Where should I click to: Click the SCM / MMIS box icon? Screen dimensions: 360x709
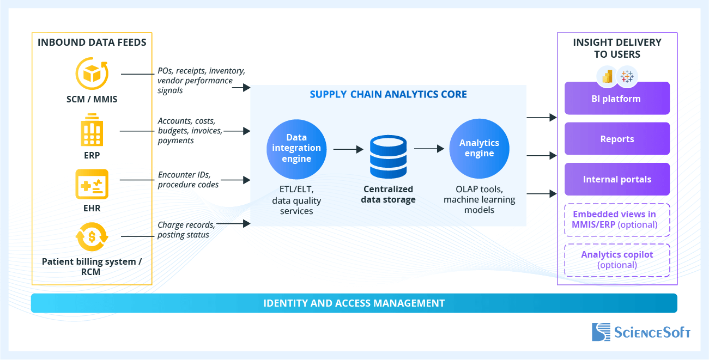92,74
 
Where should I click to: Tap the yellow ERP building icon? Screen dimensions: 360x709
92,130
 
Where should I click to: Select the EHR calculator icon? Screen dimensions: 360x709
92,184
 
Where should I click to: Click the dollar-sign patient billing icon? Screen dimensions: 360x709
92,237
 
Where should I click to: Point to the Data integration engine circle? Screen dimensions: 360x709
296,148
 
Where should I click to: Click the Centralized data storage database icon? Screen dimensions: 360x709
388,156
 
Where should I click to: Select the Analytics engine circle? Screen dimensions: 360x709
479,148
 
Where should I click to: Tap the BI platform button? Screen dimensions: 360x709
616,99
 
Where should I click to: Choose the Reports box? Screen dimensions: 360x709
616,139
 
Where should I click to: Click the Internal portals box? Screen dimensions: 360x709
616,179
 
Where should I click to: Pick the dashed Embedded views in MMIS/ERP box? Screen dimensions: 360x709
616,219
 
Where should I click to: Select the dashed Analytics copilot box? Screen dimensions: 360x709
616,260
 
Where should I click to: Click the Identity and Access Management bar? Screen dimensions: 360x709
354,303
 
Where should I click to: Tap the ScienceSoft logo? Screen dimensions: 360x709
641,332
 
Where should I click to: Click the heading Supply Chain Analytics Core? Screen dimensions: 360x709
388,94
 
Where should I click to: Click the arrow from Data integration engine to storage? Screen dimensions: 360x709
348,148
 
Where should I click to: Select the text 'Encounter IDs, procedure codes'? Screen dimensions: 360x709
188,180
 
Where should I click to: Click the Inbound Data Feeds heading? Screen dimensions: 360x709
92,42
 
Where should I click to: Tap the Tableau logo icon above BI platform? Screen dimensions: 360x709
627,76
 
